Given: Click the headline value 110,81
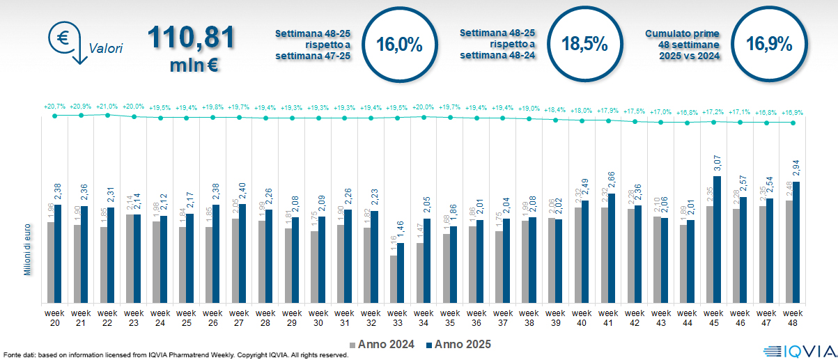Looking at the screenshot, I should (x=190, y=38).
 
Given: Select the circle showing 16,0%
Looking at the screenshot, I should (x=399, y=45).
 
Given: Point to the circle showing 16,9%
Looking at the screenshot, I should (x=768, y=45).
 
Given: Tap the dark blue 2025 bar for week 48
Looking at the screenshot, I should (x=796, y=242).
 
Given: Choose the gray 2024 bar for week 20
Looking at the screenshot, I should (x=50, y=262).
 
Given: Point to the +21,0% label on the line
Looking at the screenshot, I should (x=107, y=107).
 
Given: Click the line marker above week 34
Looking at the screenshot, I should (x=424, y=116).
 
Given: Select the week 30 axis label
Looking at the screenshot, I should (x=318, y=318).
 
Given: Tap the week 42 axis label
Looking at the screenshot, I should (x=635, y=318).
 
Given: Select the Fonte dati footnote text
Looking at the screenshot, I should (x=174, y=355).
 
